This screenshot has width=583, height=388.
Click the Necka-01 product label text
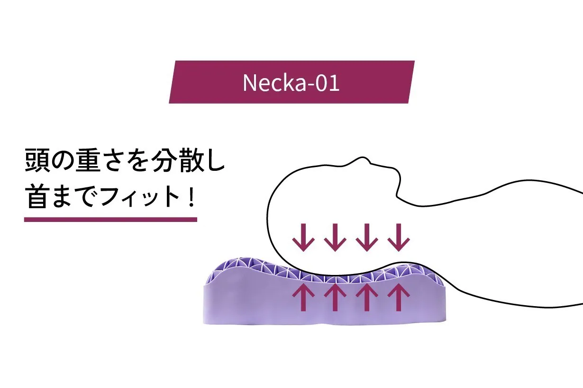[291, 83]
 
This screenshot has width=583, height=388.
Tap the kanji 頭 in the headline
[37, 160]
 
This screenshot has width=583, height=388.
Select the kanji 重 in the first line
[88, 160]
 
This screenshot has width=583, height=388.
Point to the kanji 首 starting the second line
[37, 196]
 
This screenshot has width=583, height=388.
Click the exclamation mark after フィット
[192, 196]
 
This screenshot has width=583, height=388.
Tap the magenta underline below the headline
[110, 220]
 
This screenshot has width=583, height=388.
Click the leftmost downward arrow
[303, 237]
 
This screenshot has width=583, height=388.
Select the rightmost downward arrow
[399, 237]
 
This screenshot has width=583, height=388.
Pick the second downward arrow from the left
[335, 237]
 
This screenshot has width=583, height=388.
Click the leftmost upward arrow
[303, 297]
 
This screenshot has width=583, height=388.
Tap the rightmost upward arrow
[399, 297]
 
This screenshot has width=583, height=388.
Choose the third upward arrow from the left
[367, 297]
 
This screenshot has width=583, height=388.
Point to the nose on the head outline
[362, 158]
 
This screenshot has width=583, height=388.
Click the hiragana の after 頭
[63, 160]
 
